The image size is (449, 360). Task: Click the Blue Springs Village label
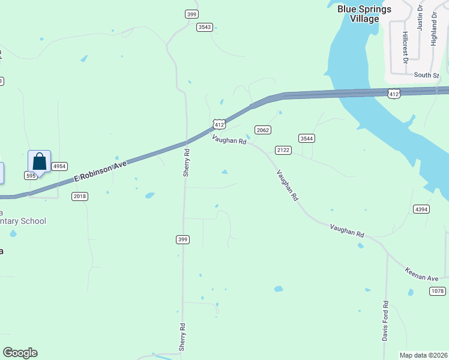364,14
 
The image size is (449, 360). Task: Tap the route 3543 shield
204,27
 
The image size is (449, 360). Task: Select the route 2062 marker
262,130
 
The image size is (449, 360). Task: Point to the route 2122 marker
283,149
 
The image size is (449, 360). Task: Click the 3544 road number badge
307,138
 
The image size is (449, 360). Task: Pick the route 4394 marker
421,209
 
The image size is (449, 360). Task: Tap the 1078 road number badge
438,291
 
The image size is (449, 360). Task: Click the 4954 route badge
59,166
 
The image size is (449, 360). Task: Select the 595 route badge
31,176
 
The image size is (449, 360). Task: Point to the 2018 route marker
80,196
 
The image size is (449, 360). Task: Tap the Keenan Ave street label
421,274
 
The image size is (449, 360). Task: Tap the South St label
427,75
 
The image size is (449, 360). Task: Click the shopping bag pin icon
39,161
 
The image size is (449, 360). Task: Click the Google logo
20,353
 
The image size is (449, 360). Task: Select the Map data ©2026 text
423,355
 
